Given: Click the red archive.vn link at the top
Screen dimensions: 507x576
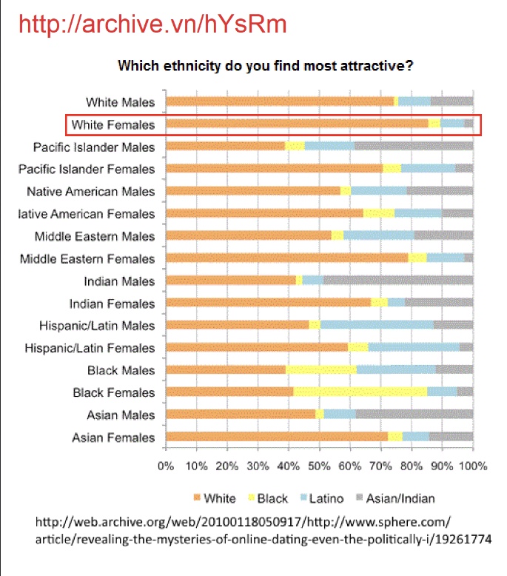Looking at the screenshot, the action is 152,24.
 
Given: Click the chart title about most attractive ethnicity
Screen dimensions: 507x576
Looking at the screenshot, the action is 266,66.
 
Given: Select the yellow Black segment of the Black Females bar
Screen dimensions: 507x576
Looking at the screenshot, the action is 360,392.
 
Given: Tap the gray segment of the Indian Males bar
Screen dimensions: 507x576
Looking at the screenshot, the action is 398,281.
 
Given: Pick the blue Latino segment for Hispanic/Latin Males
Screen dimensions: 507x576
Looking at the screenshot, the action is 377,325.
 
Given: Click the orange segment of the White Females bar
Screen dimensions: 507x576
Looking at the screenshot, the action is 297,124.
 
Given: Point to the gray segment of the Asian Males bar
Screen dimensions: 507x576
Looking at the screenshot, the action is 414,415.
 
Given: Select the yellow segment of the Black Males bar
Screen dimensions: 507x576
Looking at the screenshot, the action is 321,369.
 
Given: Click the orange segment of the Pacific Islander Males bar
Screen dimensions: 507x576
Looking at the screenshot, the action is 226,146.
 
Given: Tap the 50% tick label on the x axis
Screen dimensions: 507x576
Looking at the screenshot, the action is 319,466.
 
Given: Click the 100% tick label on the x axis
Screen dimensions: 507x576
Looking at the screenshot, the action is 473,466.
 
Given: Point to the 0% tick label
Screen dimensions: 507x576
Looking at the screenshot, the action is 166,466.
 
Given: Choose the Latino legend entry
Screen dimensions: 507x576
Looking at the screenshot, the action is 322,498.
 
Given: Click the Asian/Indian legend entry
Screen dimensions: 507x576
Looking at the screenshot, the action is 395,498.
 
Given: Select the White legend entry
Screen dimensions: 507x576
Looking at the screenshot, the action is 215,498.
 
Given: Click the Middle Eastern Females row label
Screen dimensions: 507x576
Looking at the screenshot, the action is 87,259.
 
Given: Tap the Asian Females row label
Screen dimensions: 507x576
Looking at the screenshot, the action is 113,438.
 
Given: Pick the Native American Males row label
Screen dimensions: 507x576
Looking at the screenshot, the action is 91,192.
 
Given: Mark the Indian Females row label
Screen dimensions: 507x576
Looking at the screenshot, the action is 112,304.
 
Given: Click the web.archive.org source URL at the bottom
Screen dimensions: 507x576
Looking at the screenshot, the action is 263,530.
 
